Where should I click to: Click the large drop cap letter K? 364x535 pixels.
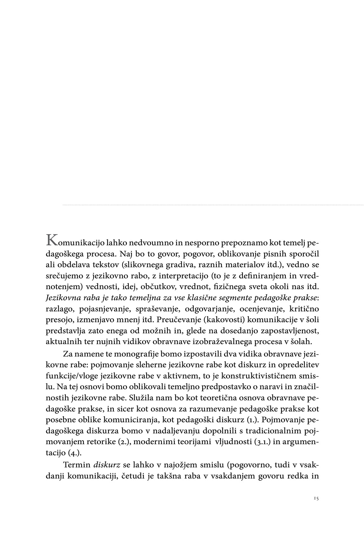click(x=52, y=240)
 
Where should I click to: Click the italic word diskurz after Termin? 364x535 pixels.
click(x=106, y=465)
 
